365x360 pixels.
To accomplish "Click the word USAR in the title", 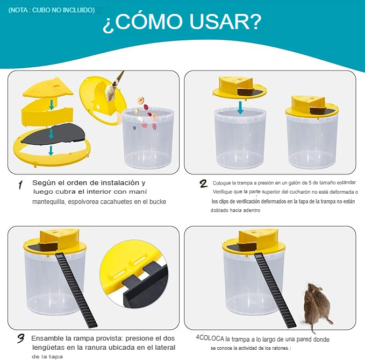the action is (x=225, y=22).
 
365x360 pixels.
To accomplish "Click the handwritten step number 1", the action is (x=20, y=185).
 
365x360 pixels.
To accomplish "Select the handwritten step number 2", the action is (x=203, y=183).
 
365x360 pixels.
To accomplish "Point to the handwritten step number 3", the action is (x=21, y=338).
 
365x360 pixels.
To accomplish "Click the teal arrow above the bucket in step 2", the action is (x=240, y=107).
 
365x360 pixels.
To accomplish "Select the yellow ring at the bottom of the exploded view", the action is (x=52, y=154).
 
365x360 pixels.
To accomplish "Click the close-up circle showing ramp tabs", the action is (x=134, y=276).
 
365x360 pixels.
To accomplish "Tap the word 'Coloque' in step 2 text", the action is (x=221, y=183).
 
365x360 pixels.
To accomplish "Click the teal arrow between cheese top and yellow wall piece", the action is (x=51, y=104).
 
